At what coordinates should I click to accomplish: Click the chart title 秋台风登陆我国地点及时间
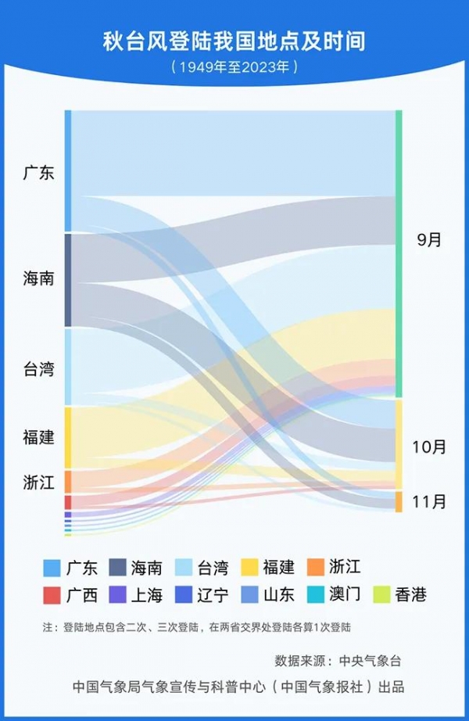pos(234,41)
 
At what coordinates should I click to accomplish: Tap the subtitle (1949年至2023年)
pos(234,66)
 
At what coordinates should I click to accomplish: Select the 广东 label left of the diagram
pos(38,173)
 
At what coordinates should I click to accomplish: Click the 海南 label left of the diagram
pos(38,278)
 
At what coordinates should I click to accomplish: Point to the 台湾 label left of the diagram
pos(38,369)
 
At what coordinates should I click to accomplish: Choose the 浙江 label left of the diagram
pos(38,482)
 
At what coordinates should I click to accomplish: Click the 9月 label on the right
pos(429,240)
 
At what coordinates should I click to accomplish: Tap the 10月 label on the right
pos(429,447)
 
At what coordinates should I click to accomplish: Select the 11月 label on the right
pos(429,501)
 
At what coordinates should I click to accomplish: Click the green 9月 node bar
pos(399,253)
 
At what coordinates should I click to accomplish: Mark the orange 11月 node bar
pos(399,501)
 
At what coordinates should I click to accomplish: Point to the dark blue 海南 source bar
pos(68,280)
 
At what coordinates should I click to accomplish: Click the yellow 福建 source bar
pos(68,437)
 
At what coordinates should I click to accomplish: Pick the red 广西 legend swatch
pos(52,595)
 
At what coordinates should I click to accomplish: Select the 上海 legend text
pos(147,595)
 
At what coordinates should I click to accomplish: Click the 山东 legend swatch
pos(249,595)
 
